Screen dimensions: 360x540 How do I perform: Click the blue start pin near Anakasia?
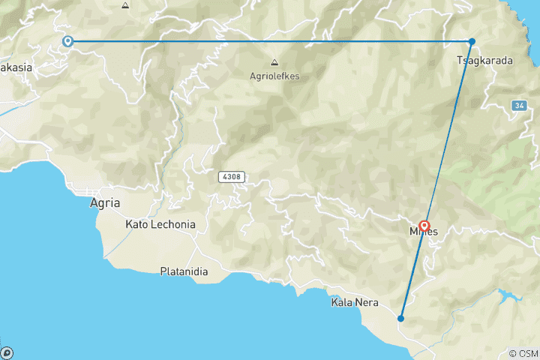click(x=67, y=42)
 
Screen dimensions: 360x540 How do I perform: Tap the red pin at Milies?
click(x=424, y=225)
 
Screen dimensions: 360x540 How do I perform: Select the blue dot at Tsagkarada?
click(x=472, y=41)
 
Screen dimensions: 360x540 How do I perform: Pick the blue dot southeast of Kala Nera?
click(x=401, y=318)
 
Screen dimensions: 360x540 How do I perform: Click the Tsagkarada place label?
click(x=484, y=61)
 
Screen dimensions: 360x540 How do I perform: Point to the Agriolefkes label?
click(x=274, y=75)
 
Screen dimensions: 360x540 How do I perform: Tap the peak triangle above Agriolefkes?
click(x=274, y=62)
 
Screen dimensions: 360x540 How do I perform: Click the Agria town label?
click(x=104, y=202)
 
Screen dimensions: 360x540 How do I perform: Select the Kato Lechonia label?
click(x=160, y=224)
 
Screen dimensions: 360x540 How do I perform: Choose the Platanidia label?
click(x=184, y=271)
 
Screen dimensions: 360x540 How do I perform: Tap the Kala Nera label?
click(x=355, y=303)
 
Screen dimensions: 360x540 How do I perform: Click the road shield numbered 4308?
click(x=232, y=177)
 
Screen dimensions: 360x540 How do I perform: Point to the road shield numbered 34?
click(x=519, y=106)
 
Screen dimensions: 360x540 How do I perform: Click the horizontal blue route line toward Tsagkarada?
click(x=270, y=41)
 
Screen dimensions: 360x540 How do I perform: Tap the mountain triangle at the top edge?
click(x=125, y=5)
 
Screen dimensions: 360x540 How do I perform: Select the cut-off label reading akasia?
click(x=16, y=67)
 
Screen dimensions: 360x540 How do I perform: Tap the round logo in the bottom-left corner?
click(x=7, y=352)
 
